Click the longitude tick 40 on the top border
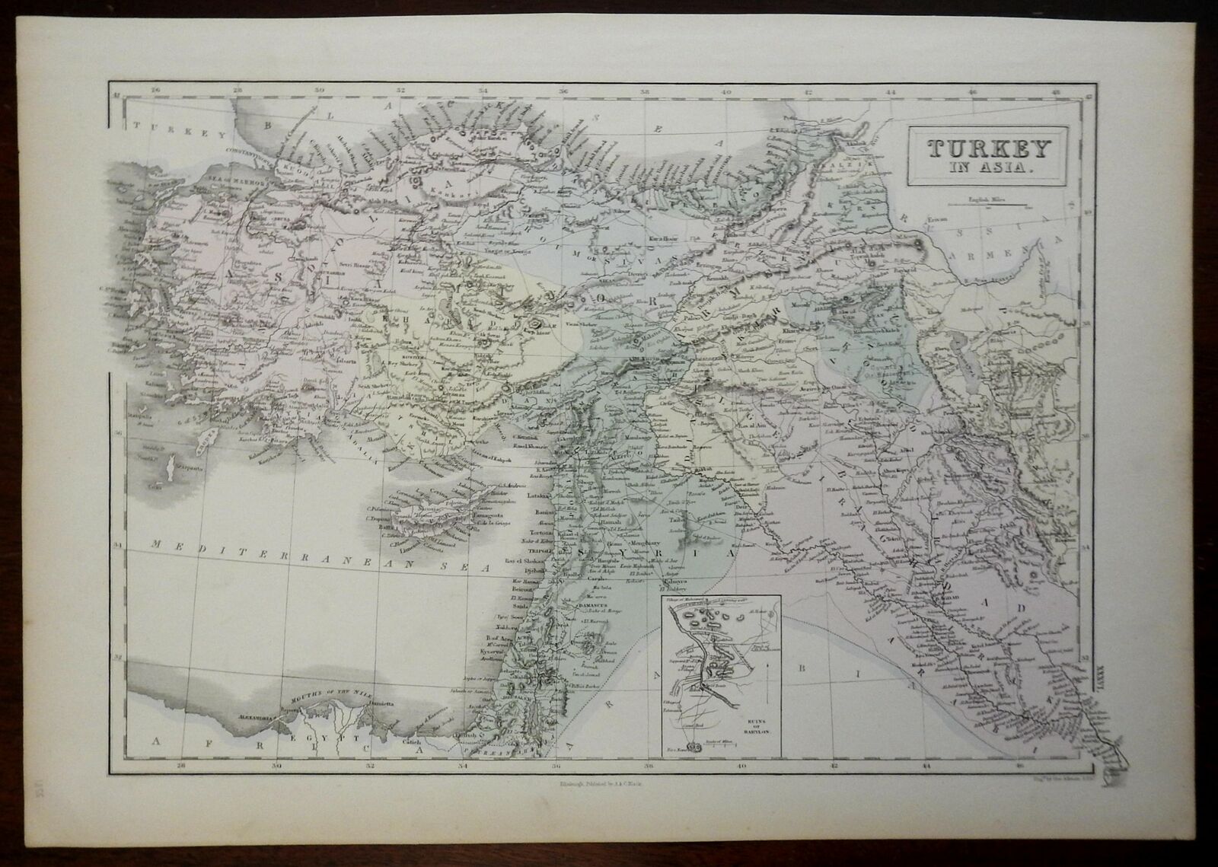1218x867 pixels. (726, 92)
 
